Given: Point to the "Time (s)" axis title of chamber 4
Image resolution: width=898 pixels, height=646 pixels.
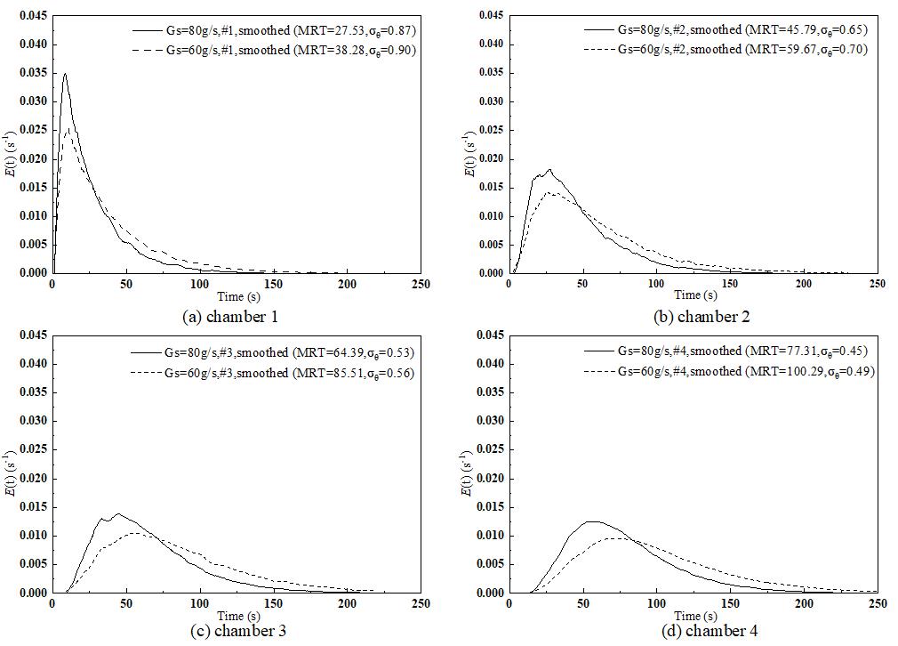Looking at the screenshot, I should click(692, 616).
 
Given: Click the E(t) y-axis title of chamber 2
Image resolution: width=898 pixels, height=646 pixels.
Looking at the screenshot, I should click(469, 145).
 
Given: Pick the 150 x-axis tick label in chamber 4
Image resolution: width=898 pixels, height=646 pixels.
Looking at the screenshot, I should click(730, 603).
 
